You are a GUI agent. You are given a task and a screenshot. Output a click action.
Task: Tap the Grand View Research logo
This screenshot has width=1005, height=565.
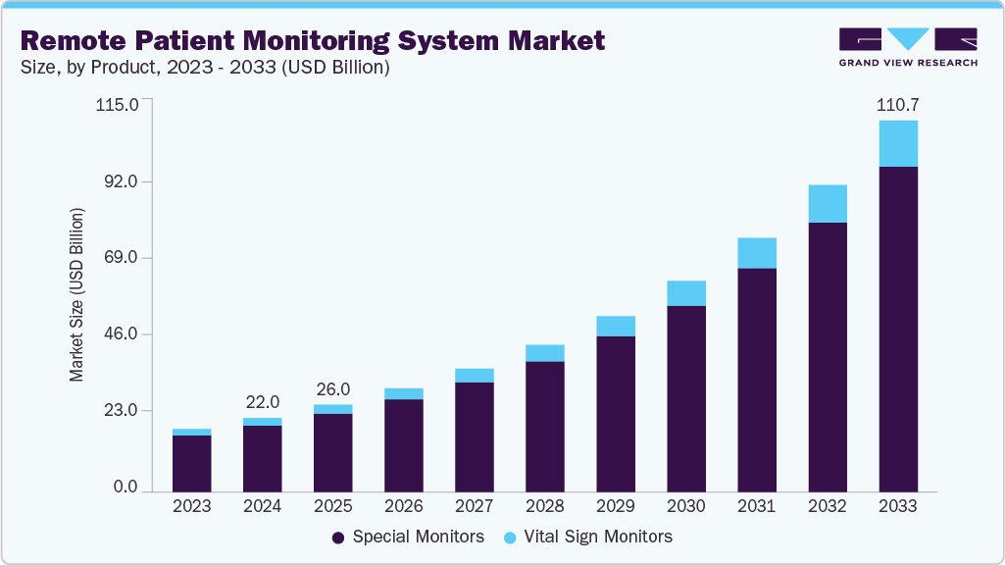(907, 46)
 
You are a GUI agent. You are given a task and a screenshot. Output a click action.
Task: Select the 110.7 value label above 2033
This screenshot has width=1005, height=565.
(897, 104)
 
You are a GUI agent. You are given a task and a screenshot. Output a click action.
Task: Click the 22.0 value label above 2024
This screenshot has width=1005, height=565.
(262, 402)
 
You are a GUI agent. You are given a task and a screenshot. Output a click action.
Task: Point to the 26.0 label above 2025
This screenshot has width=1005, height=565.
(332, 388)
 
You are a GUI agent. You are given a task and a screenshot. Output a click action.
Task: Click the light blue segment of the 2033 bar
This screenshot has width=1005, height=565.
(898, 143)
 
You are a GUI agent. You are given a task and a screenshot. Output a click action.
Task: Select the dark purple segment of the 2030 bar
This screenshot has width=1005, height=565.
(686, 398)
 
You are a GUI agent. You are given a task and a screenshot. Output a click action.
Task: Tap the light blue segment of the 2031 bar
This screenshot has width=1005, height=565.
(757, 253)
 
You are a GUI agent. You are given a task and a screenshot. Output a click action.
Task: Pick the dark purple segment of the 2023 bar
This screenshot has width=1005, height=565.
(192, 463)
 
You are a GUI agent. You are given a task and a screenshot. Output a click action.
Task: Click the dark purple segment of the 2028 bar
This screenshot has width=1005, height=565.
(545, 426)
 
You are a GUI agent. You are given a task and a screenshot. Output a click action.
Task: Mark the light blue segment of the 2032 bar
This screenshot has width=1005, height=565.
(828, 204)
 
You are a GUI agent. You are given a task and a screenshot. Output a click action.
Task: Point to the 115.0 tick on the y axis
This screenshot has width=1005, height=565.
(118, 104)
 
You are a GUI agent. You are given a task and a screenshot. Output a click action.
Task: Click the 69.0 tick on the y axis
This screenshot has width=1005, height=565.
(123, 258)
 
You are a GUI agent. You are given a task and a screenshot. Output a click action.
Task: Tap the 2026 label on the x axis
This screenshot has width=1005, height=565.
(403, 507)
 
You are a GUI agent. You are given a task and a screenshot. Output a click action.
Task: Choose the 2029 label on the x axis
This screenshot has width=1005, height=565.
(616, 507)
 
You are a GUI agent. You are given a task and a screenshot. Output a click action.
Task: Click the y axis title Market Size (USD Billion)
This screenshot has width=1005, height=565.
(76, 295)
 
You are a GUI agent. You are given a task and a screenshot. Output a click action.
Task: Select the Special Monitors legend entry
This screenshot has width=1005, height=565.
(408, 537)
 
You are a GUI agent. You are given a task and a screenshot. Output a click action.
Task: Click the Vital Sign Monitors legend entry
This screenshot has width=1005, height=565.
(587, 537)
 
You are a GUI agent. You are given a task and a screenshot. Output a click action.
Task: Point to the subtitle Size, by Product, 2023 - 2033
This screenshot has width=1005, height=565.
(206, 68)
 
